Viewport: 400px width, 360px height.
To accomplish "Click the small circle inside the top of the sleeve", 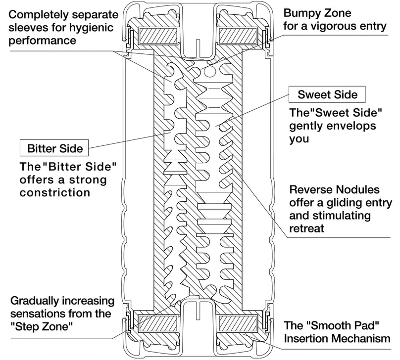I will click(x=209, y=72).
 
